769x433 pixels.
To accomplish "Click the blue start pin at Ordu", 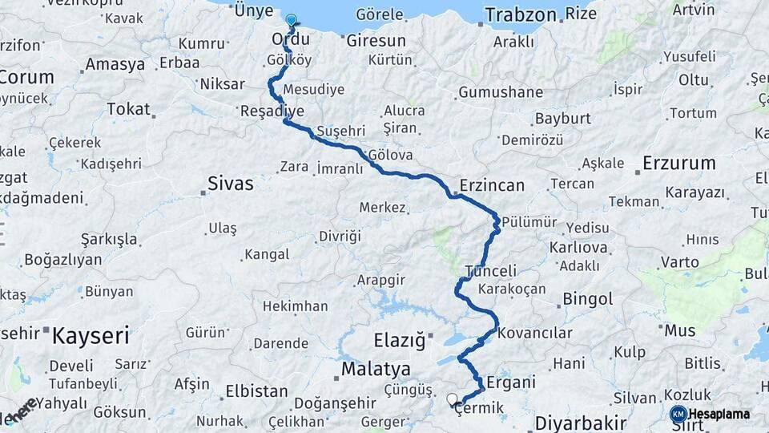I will coord(290,22).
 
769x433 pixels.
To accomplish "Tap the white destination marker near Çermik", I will coord(453,399).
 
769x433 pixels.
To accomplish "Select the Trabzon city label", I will coord(520,15).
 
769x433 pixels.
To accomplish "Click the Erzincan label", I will coord(492,185).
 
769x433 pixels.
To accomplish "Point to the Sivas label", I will coord(230,184).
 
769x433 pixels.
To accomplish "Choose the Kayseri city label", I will coord(91,335).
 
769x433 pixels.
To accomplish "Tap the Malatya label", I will coord(376,369).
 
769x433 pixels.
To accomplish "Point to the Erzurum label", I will coord(678,164).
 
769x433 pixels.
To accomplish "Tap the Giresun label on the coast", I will coord(376,40).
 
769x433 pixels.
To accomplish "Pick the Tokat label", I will coord(128,108).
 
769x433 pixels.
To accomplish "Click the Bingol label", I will coord(588,299).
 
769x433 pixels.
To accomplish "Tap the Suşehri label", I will coord(340,130).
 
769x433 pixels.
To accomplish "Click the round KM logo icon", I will coord(678,414).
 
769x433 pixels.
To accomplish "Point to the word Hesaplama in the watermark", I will coord(719,414).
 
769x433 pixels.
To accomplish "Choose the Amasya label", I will coord(115,64).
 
